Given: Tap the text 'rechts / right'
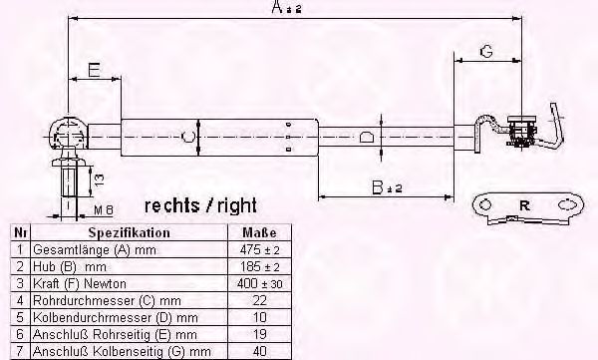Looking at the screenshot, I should [x=200, y=206].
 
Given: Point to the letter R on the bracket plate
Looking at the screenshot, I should [x=524, y=206].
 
